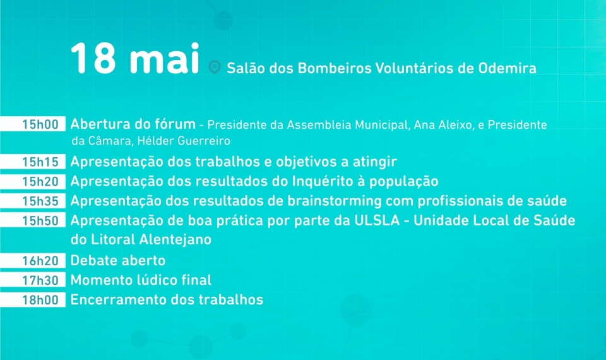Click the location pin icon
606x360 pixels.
(215, 67)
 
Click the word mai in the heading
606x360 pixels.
(165, 58)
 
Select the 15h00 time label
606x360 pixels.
(40, 124)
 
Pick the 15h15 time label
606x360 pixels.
(40, 162)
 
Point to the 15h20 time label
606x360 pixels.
(40, 181)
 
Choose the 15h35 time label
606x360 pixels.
(40, 201)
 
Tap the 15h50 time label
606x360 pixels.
(40, 221)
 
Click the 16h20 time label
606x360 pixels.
(40, 261)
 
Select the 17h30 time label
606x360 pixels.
(40, 280)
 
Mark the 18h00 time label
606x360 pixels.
(40, 300)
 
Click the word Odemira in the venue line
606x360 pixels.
(508, 68)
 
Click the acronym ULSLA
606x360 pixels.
(377, 220)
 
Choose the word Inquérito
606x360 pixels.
(323, 181)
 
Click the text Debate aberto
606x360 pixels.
(118, 261)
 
